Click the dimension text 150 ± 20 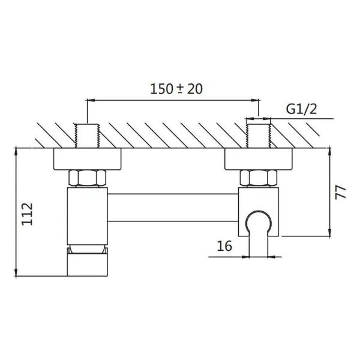[x=176, y=89]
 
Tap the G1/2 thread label [x=301, y=109]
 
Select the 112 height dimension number [x=28, y=214]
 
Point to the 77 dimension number [x=340, y=193]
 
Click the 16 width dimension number [x=224, y=246]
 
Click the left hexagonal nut [x=88, y=178]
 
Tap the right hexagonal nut [x=259, y=178]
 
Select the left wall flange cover [x=87, y=159]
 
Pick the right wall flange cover [x=259, y=159]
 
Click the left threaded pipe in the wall [x=87, y=136]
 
